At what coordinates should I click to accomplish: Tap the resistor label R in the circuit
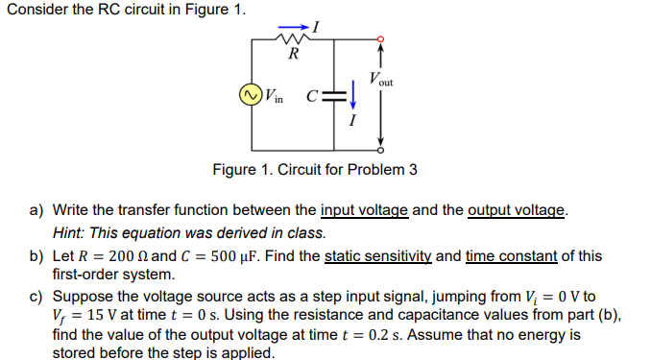[x=293, y=55]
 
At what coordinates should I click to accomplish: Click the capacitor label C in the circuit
[x=311, y=96]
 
